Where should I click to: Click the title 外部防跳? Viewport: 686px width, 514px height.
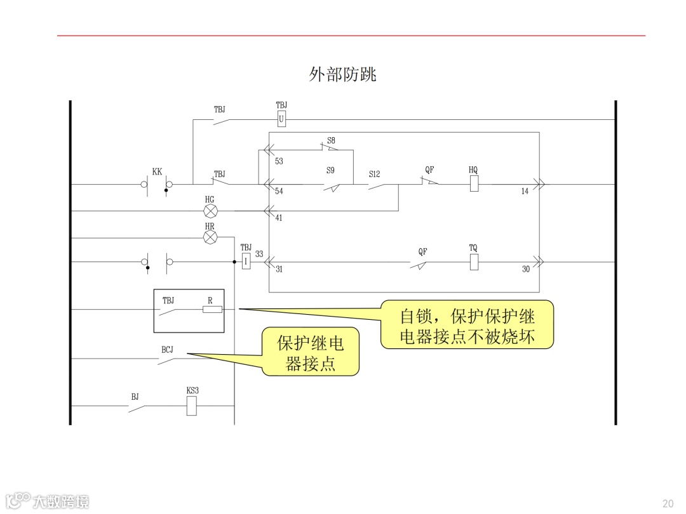click(342, 75)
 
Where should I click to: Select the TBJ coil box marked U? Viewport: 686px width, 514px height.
click(281, 119)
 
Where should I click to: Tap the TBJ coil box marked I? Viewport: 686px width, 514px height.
click(246, 261)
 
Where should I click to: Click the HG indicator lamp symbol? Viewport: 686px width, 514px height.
click(210, 211)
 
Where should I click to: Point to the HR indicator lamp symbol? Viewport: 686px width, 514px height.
click(210, 237)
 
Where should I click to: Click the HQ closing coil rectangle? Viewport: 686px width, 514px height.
click(473, 184)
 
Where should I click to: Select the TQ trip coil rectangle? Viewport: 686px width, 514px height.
click(473, 261)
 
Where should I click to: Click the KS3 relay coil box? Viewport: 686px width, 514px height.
click(192, 406)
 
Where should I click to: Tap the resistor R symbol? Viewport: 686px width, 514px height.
click(212, 310)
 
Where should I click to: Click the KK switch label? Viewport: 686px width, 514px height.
click(157, 172)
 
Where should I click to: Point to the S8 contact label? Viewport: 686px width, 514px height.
click(331, 140)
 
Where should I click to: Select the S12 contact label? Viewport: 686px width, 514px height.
click(375, 173)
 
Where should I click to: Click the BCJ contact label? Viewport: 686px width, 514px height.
click(167, 350)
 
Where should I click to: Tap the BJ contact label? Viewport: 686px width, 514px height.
click(135, 397)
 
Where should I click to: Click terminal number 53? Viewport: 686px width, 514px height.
click(279, 161)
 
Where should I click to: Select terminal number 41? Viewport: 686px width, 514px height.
click(279, 218)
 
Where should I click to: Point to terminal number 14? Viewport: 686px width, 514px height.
click(525, 191)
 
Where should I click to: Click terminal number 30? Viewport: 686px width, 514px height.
click(526, 269)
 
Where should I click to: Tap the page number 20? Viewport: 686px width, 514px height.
click(668, 503)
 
